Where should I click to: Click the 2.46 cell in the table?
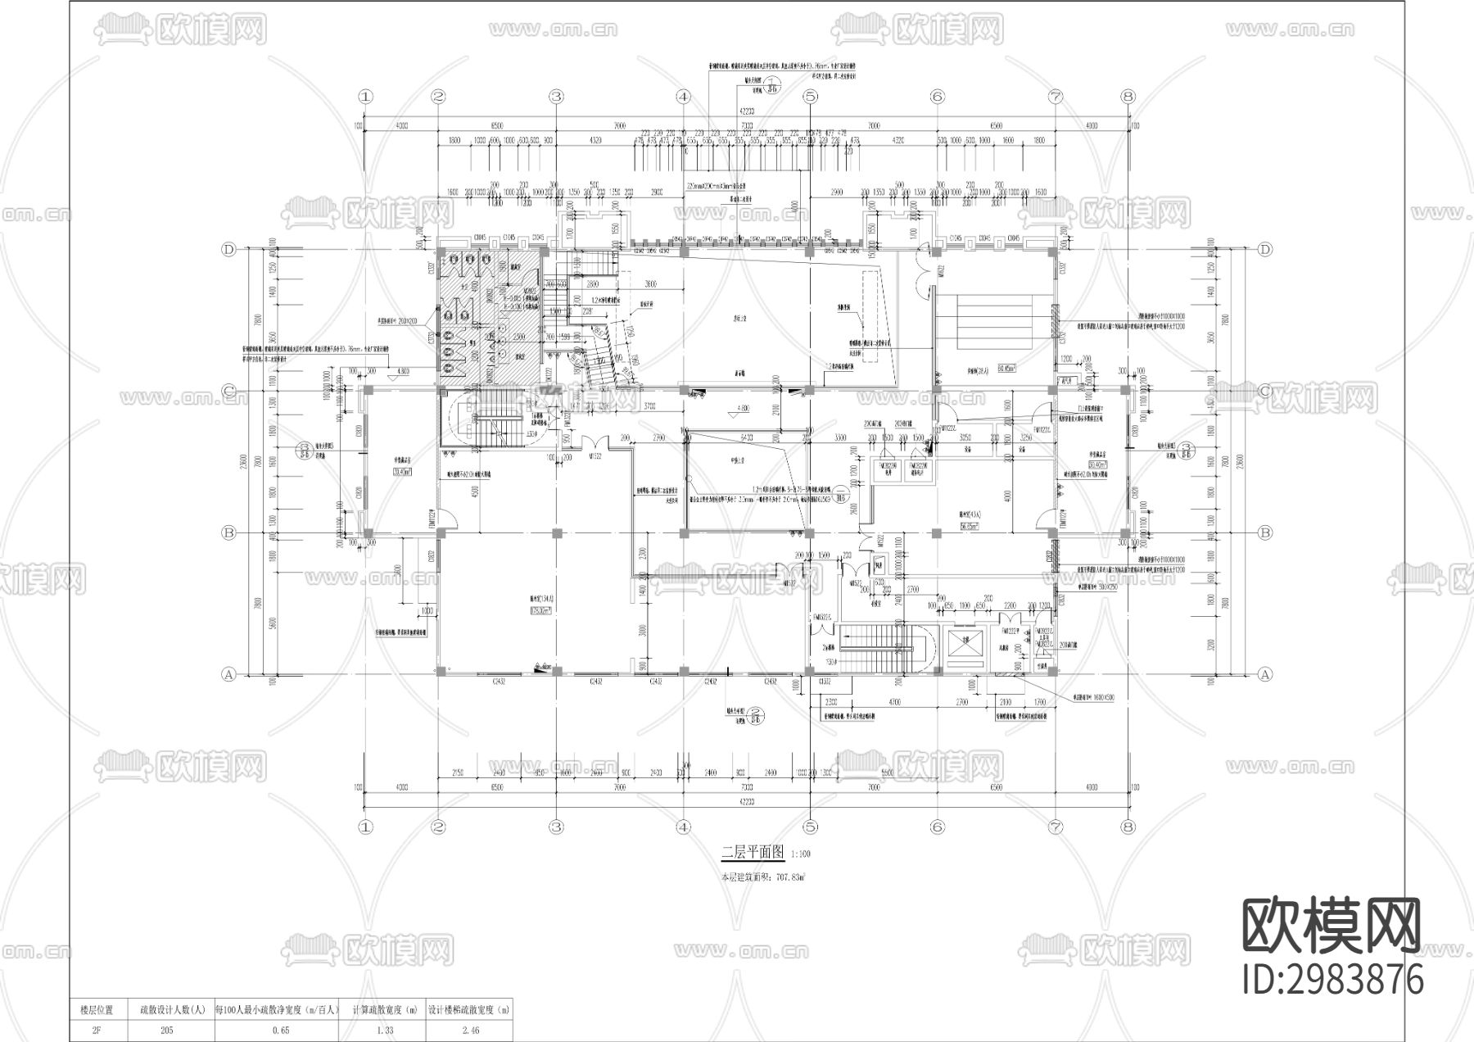[470, 1031]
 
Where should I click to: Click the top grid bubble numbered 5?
[810, 97]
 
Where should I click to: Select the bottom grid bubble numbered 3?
[556, 827]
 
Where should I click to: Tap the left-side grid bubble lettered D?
[229, 250]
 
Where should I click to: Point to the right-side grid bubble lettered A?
[1264, 674]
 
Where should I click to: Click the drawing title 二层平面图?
[753, 853]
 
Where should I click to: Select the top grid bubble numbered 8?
[1128, 97]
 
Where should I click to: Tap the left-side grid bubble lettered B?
[229, 532]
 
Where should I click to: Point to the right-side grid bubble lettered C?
[1264, 391]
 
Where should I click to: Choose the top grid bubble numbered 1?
[364, 97]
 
